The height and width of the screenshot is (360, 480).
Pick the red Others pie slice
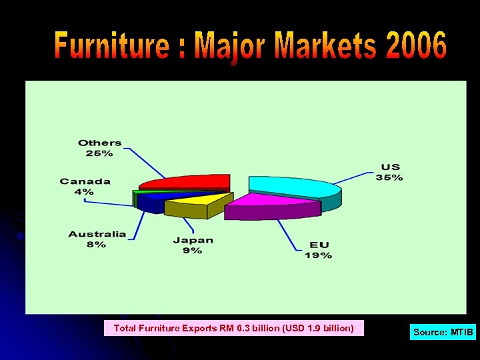[x=187, y=181]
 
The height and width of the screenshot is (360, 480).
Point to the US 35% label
[x=391, y=172]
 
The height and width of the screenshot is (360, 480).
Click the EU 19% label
[x=318, y=250]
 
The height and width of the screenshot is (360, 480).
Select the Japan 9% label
[x=193, y=245]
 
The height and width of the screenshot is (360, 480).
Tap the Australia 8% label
[x=97, y=239]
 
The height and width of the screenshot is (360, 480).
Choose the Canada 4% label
[x=85, y=186]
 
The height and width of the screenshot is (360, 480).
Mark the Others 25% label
[x=99, y=147]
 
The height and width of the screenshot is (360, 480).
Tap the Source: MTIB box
[x=443, y=331]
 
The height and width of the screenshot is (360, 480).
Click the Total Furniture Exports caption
[x=233, y=328]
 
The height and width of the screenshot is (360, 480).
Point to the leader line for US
[x=353, y=178]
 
